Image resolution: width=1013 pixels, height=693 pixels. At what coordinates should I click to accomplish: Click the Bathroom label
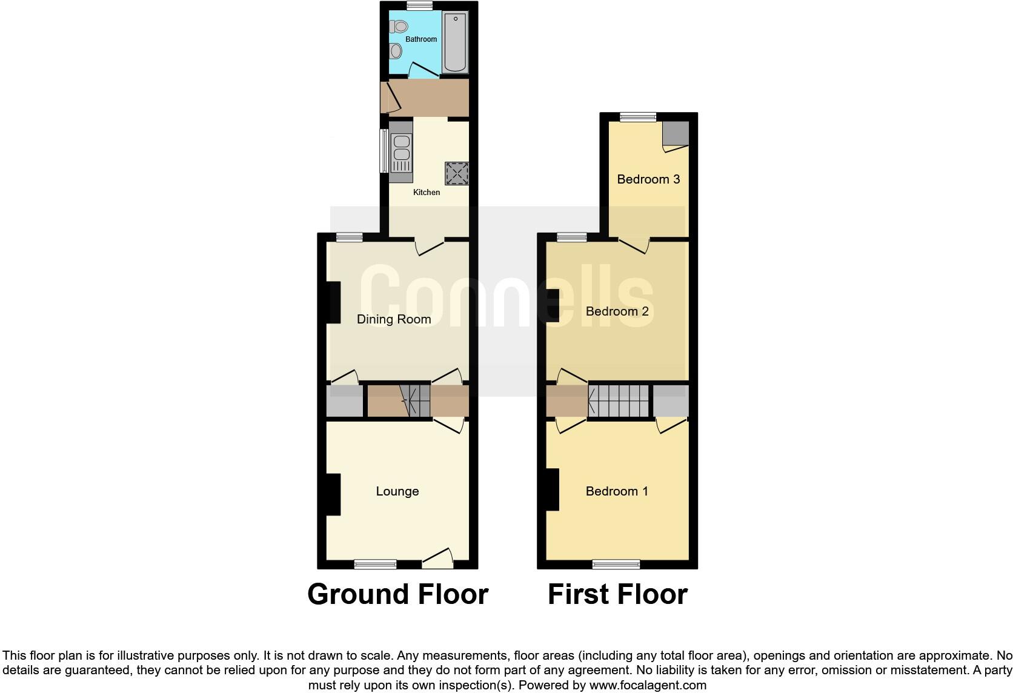click(421, 39)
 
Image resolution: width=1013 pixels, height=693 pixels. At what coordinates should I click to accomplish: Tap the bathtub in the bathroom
click(455, 42)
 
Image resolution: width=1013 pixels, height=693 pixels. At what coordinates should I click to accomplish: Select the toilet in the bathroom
click(399, 26)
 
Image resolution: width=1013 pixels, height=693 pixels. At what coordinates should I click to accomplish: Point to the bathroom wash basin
click(396, 51)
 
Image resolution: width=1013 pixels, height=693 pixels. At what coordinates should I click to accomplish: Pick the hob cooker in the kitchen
click(457, 173)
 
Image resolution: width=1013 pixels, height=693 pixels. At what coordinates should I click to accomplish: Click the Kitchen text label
click(427, 193)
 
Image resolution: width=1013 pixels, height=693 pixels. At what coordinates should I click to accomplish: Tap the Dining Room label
click(394, 319)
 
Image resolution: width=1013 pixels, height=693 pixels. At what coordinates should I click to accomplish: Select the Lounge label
click(397, 491)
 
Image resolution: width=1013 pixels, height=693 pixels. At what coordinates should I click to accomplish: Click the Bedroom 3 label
click(648, 179)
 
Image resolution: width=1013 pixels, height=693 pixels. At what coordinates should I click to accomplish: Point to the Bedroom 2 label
click(617, 311)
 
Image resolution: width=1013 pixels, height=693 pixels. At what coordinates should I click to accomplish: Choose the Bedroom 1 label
click(617, 491)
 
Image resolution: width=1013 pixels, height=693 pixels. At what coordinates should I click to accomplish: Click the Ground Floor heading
click(397, 594)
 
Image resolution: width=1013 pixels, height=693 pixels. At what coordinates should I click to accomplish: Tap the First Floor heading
click(617, 594)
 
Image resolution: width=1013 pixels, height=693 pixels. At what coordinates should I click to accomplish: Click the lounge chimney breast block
click(333, 494)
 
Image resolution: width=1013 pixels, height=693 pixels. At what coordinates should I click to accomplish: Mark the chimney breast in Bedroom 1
click(552, 489)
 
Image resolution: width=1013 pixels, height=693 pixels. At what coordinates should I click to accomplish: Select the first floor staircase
click(619, 400)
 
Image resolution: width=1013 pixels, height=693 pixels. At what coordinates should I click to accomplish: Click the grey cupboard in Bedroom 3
click(676, 133)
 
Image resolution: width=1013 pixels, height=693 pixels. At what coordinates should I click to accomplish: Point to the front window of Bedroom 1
click(616, 564)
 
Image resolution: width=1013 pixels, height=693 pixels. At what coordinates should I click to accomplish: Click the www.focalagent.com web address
click(648, 686)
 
